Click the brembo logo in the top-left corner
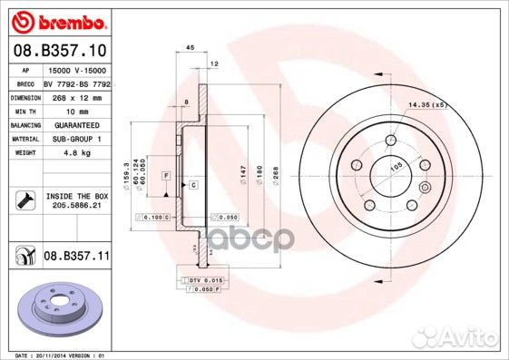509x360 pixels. point(57,19)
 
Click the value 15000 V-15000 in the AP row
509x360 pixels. point(75,70)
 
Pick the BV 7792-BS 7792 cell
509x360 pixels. point(75,83)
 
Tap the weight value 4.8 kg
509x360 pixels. point(61,153)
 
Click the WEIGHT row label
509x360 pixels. point(24,153)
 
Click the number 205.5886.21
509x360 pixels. point(75,206)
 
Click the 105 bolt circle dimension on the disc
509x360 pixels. point(396,167)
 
